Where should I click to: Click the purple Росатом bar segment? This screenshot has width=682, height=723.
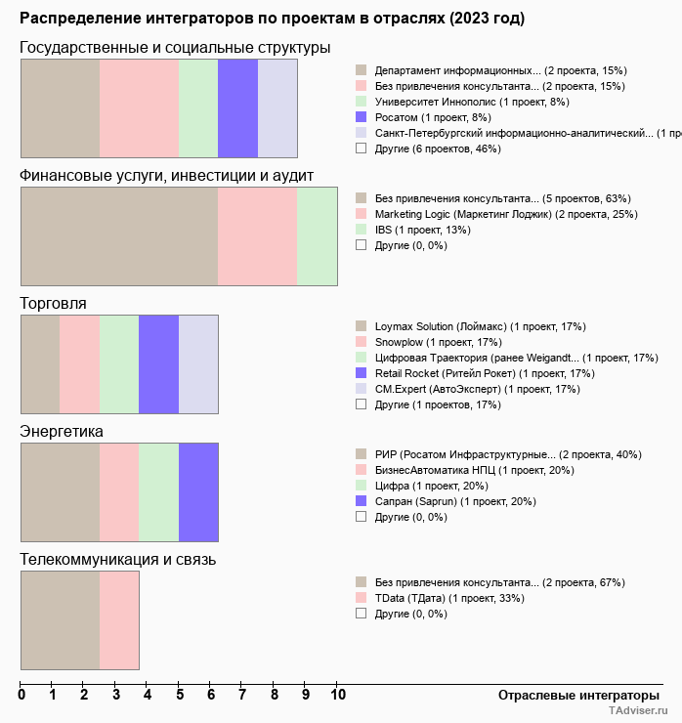pyautogui.click(x=237, y=107)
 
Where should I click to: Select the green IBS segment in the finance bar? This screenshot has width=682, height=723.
pyautogui.click(x=317, y=235)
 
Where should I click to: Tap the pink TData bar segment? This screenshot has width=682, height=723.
pyautogui.click(x=119, y=619)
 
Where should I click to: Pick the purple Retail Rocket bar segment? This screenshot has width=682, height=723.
pyautogui.click(x=158, y=363)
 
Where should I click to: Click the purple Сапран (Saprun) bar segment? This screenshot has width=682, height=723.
pyautogui.click(x=198, y=491)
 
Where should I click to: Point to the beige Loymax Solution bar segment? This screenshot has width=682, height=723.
pyautogui.click(x=40, y=363)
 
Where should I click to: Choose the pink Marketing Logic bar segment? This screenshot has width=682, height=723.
pyautogui.click(x=257, y=235)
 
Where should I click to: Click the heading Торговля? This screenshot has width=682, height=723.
pyautogui.click(x=53, y=304)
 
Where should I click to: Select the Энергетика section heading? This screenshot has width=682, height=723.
pyautogui.click(x=62, y=432)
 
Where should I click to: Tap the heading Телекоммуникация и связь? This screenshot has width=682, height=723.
pyautogui.click(x=118, y=560)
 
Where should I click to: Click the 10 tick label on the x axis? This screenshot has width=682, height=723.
pyautogui.click(x=337, y=696)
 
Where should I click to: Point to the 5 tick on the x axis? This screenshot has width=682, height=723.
pyautogui.click(x=180, y=696)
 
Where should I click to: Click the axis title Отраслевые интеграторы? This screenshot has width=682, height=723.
pyautogui.click(x=572, y=696)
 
